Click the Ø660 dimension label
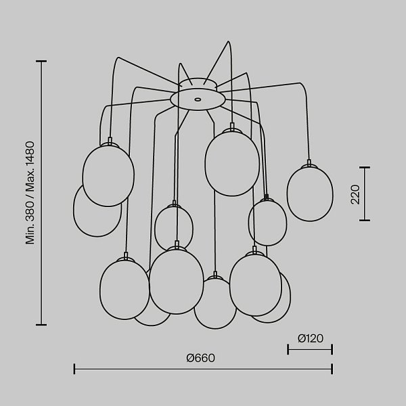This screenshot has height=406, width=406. click(x=201, y=358)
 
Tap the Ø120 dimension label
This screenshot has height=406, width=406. click(x=310, y=338)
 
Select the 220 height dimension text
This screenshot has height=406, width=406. click(x=355, y=194)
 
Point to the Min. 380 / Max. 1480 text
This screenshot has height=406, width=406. click(x=30, y=193)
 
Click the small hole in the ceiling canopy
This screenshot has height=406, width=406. click(x=198, y=99)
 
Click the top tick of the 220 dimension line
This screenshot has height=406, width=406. click(x=365, y=168)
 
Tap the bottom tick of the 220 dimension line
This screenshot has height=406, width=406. click(x=365, y=221)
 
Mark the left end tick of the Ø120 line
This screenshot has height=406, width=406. click(x=288, y=349)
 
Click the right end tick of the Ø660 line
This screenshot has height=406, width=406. click(x=332, y=369)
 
